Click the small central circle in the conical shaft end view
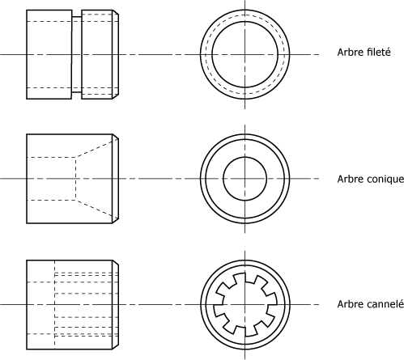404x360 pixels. (245, 157)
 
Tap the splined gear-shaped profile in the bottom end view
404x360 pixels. (245, 273)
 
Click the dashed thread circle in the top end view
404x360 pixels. (245, 15)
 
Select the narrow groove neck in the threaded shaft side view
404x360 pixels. (77, 55)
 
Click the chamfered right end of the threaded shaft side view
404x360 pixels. (116, 55)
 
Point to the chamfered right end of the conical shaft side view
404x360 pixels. (116, 179)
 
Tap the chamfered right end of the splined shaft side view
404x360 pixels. (116, 305)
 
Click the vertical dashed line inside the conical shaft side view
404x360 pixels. (76, 179)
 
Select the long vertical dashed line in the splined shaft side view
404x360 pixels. (54, 305)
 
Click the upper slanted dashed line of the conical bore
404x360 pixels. (97, 148)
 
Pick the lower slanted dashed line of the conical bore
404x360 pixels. (97, 209)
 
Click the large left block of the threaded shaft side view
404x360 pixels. (49, 55)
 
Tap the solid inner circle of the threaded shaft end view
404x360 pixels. (245, 22)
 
